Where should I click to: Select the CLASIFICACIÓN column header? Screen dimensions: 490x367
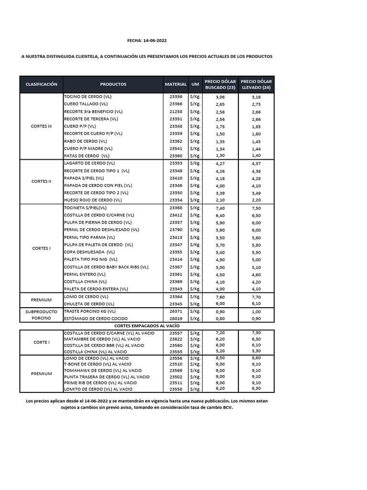click(42, 84)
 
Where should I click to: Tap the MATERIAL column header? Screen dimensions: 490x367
click(176, 84)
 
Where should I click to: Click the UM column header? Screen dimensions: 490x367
click(195, 84)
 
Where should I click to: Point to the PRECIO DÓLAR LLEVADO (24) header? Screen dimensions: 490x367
click(256, 84)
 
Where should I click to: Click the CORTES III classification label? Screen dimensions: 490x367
click(41, 126)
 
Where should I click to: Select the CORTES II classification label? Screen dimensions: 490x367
click(41, 181)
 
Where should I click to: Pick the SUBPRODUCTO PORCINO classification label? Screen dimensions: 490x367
click(41, 314)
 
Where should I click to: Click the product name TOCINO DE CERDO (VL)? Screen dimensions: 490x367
click(87, 97)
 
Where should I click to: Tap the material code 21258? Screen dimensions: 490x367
click(176, 111)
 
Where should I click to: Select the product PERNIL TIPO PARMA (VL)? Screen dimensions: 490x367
click(89, 237)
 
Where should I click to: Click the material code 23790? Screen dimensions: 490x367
click(176, 230)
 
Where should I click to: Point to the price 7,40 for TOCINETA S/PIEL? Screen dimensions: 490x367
click(220, 208)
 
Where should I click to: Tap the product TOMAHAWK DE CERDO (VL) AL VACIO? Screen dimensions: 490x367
click(103, 370)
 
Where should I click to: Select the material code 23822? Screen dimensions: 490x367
click(176, 339)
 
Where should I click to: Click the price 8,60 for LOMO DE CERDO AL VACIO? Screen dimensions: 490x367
click(256, 358)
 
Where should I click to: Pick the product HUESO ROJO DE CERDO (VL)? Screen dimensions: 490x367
click(93, 200)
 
